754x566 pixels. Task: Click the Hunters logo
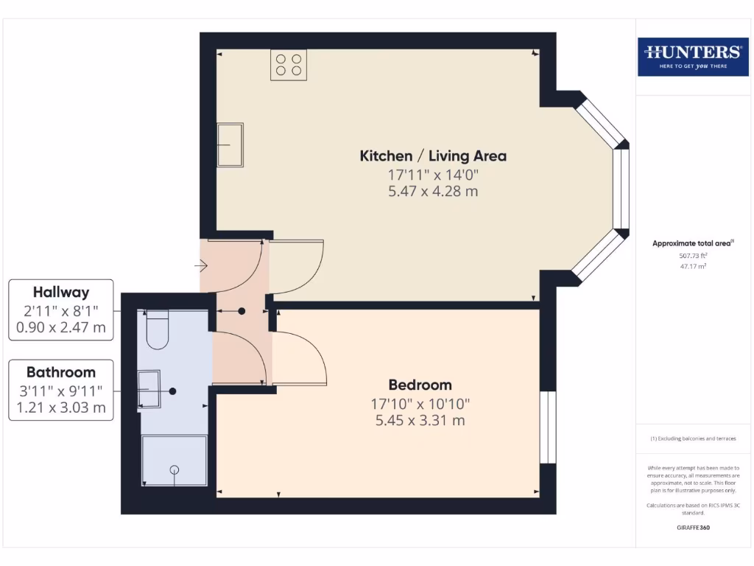tap(692, 56)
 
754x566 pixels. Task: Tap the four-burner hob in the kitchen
tap(289, 65)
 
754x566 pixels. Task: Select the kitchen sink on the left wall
tap(230, 144)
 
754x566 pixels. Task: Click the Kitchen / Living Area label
tap(433, 156)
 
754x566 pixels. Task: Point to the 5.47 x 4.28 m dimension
tap(433, 192)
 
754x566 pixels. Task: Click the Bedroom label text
tap(420, 385)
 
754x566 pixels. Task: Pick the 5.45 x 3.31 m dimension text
tap(420, 421)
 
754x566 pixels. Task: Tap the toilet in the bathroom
tap(157, 331)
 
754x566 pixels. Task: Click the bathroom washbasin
tap(149, 388)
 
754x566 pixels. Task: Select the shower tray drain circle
tap(175, 469)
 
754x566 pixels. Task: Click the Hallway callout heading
tap(61, 293)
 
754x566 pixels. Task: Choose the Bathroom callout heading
tap(61, 372)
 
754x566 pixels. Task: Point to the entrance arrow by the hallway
tap(201, 265)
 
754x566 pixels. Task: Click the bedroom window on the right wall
tap(548, 427)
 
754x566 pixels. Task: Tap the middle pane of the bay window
tap(621, 188)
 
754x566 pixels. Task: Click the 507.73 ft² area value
tap(692, 256)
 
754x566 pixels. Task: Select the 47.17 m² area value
tap(692, 267)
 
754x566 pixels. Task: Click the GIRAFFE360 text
tap(692, 528)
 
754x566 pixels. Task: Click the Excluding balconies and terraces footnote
tap(692, 439)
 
